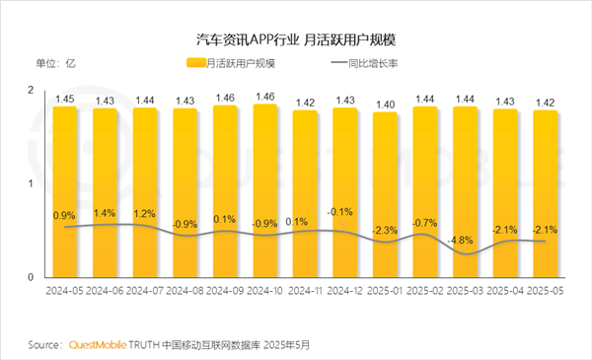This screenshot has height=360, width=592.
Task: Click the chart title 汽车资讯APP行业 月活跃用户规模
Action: click(x=296, y=39)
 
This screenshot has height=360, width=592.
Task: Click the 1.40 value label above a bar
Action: click(x=386, y=104)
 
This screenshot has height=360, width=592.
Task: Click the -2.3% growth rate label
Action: click(x=386, y=230)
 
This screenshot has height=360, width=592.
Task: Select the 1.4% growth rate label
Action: click(x=105, y=212)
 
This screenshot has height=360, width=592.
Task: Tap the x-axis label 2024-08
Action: click(x=185, y=293)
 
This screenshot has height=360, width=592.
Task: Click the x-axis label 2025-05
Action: click(x=547, y=293)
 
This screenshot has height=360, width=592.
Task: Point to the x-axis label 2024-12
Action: click(x=345, y=293)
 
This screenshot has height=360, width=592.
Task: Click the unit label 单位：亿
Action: click(x=56, y=64)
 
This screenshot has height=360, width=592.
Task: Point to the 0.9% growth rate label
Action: click(x=64, y=215)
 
